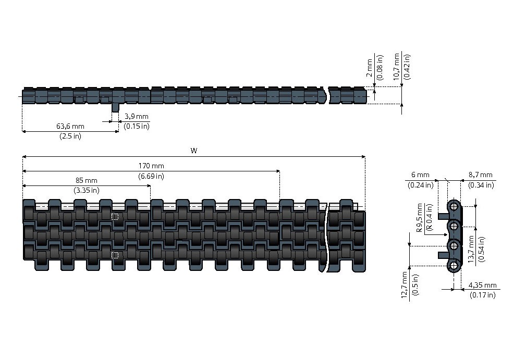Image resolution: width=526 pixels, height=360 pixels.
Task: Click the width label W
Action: (194, 151)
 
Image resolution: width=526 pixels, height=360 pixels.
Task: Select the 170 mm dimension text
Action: (151, 166)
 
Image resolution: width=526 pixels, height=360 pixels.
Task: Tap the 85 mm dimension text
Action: (87, 180)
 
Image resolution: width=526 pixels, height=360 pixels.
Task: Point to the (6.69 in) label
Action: (151, 176)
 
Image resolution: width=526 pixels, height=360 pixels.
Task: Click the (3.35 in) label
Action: (87, 190)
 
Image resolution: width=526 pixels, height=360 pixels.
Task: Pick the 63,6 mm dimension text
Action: (70, 126)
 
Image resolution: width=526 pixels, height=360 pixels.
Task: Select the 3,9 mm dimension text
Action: (137, 116)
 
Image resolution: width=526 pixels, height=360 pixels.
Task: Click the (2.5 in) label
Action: (70, 136)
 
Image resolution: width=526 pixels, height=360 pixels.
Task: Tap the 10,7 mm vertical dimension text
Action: (397, 66)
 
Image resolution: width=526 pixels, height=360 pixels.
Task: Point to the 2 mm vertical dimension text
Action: (370, 68)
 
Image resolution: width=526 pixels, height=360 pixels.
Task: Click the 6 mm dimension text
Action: (420, 175)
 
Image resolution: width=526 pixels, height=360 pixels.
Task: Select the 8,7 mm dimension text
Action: (480, 175)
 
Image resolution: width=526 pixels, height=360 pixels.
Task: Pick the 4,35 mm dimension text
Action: (483, 285)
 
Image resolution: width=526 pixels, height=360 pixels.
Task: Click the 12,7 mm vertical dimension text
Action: (404, 284)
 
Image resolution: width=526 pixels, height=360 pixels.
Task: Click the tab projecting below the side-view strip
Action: (115, 107)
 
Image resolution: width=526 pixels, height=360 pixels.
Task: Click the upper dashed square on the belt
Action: (115, 217)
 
